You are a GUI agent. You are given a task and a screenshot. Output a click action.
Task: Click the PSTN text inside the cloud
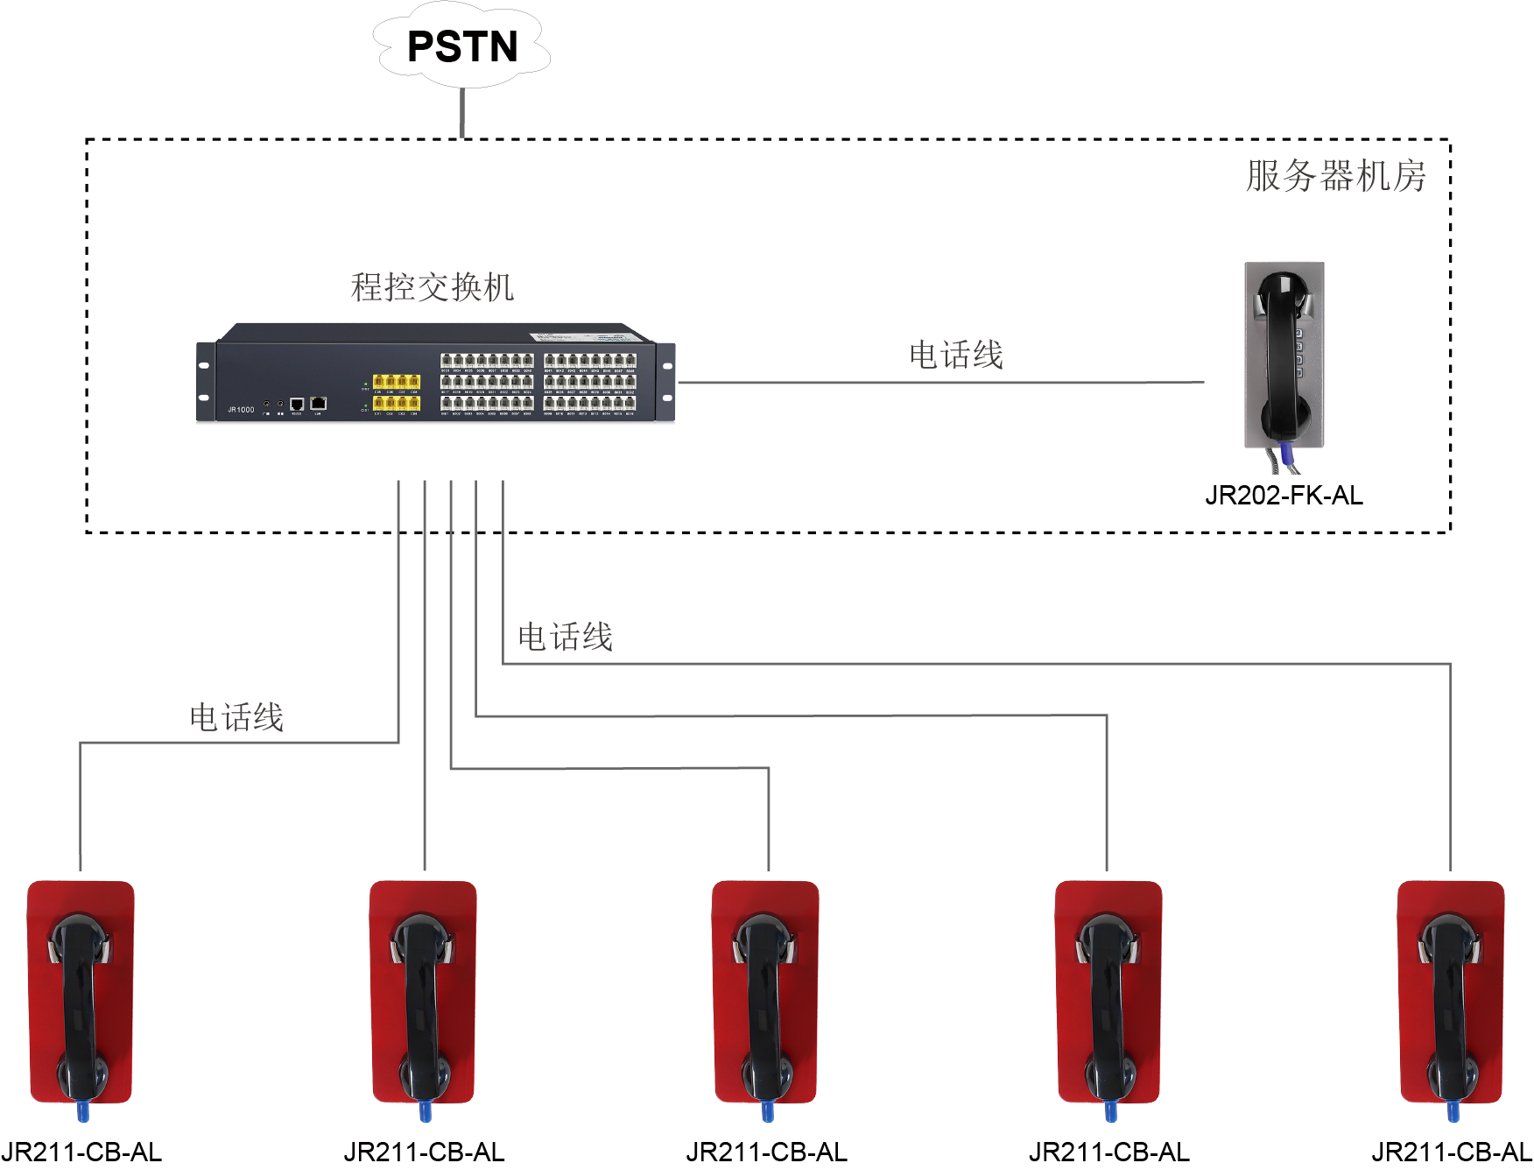pyautogui.click(x=462, y=46)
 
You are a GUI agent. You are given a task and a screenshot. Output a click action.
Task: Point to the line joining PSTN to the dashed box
pyautogui.click(x=462, y=113)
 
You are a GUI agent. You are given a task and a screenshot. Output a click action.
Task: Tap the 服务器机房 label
pyautogui.click(x=1335, y=176)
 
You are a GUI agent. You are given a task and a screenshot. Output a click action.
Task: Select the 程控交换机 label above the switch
pyautogui.click(x=432, y=287)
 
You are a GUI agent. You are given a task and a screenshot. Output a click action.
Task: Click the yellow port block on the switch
pyautogui.click(x=397, y=391)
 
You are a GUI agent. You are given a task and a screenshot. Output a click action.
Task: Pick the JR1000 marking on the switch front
pyautogui.click(x=241, y=409)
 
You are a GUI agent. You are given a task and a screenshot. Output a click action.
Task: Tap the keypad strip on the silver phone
pyautogui.click(x=1299, y=354)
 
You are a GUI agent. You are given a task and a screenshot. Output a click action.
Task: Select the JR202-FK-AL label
pyautogui.click(x=1284, y=496)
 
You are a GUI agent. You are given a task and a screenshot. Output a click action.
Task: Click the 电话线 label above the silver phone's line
pyautogui.click(x=955, y=356)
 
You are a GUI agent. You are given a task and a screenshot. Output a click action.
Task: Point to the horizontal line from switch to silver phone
pyautogui.click(x=941, y=383)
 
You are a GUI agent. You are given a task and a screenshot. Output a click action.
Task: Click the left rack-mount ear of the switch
pyautogui.click(x=205, y=382)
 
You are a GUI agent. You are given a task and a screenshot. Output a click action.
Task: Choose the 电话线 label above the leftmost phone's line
pyautogui.click(x=236, y=717)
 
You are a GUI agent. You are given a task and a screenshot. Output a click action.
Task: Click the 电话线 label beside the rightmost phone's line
pyautogui.click(x=565, y=637)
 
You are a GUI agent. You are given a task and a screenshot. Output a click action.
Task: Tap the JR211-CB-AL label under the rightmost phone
pyautogui.click(x=1451, y=1152)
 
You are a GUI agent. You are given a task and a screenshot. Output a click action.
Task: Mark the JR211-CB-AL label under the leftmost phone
pyautogui.click(x=81, y=1152)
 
